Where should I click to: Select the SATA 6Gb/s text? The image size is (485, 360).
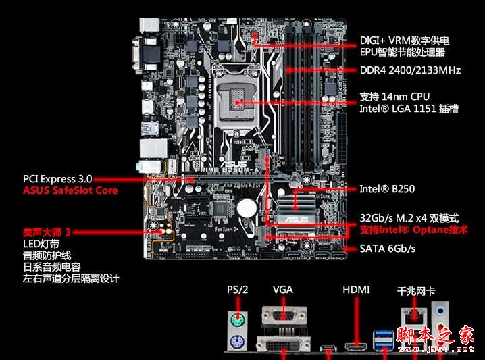coord(387,249)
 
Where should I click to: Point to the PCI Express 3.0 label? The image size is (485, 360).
coord(57,179)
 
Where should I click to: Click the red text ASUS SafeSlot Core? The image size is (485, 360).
coord(70,190)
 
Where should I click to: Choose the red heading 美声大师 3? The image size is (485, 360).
coord(47,232)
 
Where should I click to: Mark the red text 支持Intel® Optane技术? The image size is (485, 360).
coord(413,230)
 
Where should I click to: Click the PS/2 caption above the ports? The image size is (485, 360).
coord(238,290)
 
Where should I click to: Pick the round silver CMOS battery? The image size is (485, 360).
coord(249,207)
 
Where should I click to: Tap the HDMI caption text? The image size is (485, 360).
coord(356,290)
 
